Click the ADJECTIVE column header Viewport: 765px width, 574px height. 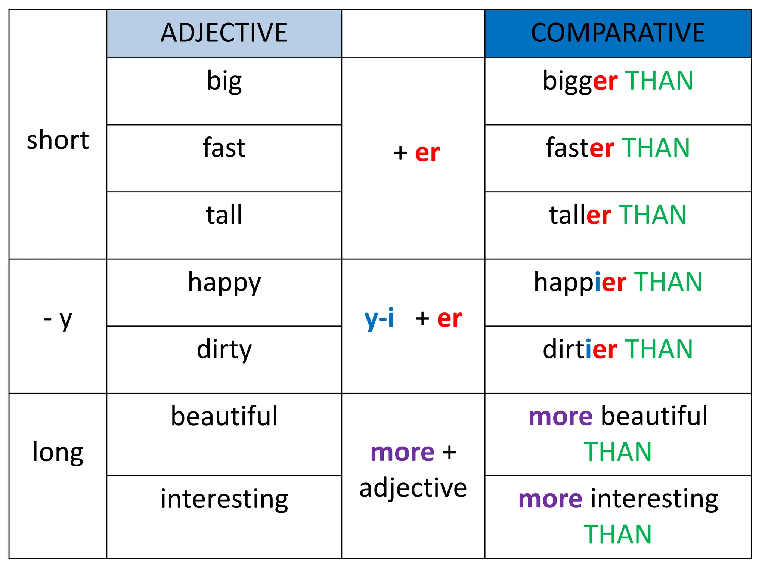224,33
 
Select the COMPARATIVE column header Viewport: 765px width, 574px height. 618,33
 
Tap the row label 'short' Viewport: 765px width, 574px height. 58,140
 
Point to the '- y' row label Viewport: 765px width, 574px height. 58,320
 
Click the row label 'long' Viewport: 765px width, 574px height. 58,452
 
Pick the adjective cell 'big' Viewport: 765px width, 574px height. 224,81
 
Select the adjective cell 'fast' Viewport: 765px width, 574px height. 224,148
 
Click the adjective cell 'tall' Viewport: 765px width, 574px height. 224,215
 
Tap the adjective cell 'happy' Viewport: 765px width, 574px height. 224,283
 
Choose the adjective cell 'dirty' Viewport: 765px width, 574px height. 224,349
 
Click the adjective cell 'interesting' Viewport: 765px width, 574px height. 224,499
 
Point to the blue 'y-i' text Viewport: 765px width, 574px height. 379,318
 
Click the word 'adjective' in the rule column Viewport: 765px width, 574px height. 413,488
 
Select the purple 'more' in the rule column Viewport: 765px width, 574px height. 402,453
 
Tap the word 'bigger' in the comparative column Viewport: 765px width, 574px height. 580,81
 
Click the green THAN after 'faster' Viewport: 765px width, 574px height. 656,148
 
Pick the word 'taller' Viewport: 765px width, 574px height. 580,215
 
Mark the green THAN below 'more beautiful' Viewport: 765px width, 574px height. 618,452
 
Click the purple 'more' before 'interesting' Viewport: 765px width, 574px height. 550,499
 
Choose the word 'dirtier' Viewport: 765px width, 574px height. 580,349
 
